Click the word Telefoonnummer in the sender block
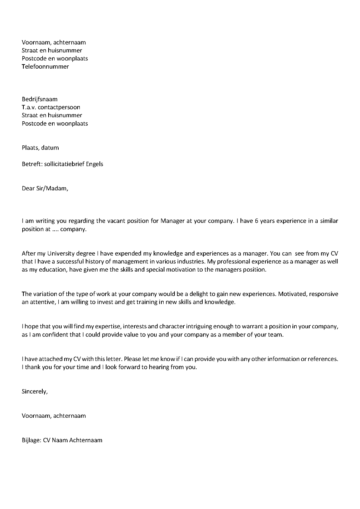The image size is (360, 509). click(45, 67)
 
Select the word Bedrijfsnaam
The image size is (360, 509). click(40, 99)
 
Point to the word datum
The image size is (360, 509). click(50, 148)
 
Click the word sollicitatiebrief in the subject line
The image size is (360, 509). click(64, 164)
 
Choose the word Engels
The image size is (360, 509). click(95, 164)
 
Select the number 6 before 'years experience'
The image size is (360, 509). click(256, 221)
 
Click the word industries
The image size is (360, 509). click(185, 262)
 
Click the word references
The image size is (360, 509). click(322, 359)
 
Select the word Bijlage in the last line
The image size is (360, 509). click(31, 440)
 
